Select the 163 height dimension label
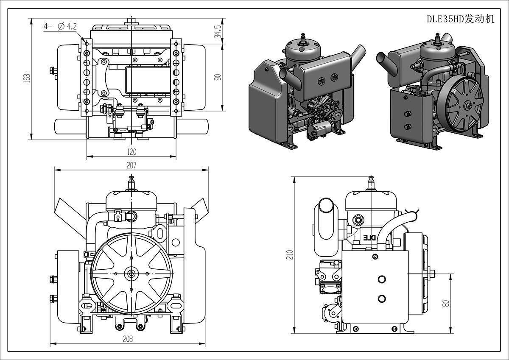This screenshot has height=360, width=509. point(27,78)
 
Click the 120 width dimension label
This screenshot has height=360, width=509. point(131,152)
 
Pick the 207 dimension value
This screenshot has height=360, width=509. point(131,165)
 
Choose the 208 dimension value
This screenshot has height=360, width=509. point(127,339)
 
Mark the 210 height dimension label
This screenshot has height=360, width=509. point(290,254)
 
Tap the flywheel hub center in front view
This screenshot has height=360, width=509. point(131,273)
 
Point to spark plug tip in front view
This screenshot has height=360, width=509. point(131,178)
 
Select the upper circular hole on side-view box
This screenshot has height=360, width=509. point(381,279)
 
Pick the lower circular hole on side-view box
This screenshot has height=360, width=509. point(381,298)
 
